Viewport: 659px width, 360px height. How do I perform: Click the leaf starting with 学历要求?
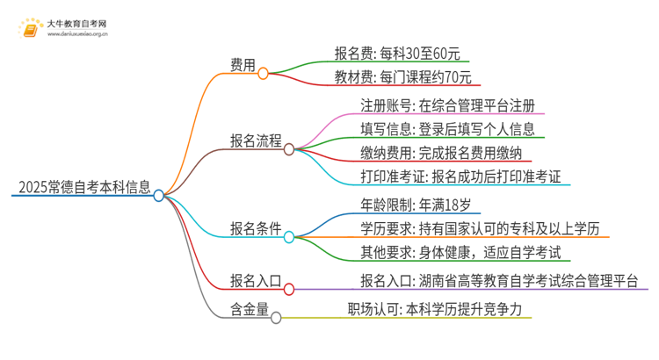(x=484, y=230)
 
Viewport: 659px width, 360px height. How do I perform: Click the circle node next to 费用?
(x=264, y=74)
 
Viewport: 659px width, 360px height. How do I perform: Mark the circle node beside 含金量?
(x=276, y=318)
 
